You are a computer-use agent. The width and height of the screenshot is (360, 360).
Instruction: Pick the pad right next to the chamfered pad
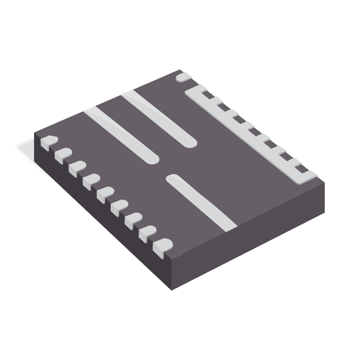62,155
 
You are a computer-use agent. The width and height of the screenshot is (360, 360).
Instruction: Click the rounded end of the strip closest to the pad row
151,157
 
